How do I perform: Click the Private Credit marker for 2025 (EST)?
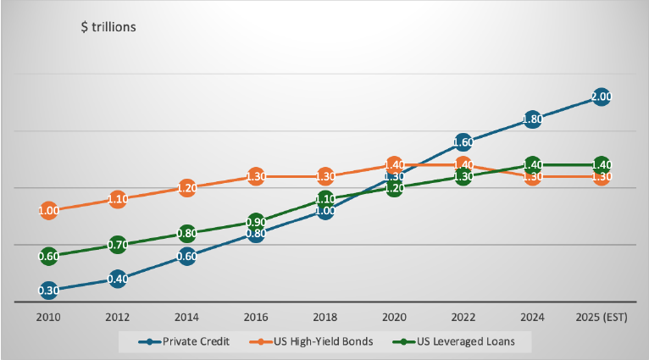(601, 97)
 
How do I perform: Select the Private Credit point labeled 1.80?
(532, 119)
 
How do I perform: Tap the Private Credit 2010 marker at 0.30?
(48, 291)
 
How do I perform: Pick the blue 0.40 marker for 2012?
(117, 279)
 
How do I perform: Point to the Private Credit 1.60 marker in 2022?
(463, 142)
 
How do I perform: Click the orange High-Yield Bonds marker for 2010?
(48, 211)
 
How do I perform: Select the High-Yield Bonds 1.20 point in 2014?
(186, 188)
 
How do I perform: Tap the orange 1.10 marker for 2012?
(117, 199)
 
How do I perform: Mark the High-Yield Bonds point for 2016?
(255, 176)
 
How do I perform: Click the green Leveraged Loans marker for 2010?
(48, 256)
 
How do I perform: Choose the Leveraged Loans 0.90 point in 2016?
(255, 222)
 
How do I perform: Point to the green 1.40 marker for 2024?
(532, 164)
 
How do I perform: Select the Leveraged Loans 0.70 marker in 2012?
(117, 245)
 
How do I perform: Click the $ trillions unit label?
(108, 26)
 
